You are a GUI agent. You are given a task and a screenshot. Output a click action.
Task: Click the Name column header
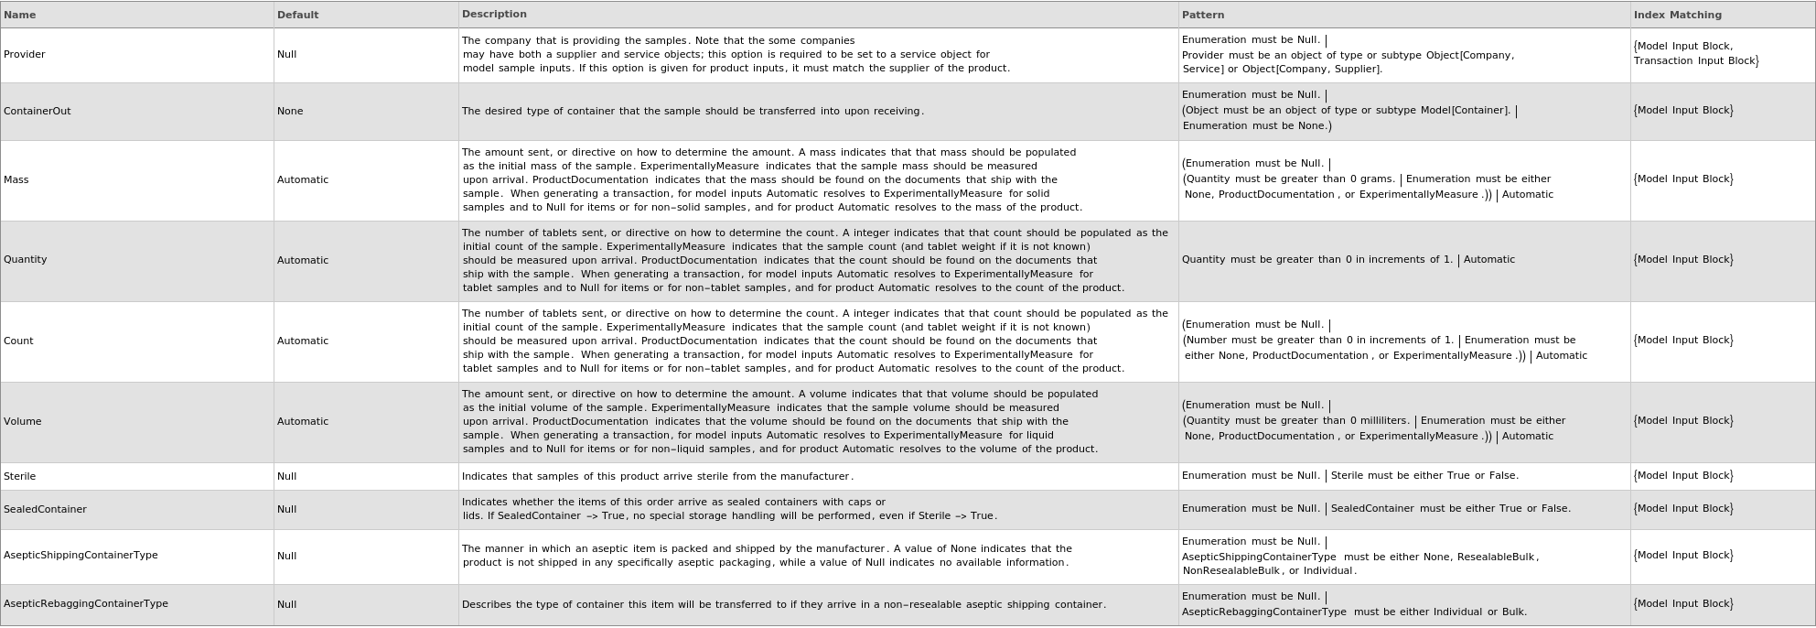[x=20, y=15]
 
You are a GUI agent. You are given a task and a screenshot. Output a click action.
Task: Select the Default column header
[x=298, y=15]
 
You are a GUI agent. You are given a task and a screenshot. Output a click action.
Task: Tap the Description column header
[x=494, y=14]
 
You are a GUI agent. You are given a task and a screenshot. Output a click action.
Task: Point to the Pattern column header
[x=1203, y=15]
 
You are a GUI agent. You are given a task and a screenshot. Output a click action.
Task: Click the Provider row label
[x=25, y=54]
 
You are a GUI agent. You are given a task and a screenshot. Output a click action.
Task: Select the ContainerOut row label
[x=38, y=111]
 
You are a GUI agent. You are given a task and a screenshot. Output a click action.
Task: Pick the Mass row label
[x=16, y=179]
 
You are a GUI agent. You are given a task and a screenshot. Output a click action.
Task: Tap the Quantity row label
[x=26, y=259]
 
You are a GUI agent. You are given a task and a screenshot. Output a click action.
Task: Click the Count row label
[x=18, y=341]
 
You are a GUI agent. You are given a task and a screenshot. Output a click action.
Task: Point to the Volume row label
[x=23, y=421]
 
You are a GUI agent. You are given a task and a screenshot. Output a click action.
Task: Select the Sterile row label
[x=20, y=476]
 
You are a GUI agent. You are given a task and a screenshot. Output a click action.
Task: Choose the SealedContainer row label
[x=45, y=509]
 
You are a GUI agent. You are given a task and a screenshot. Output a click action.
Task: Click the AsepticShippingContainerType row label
[x=81, y=555]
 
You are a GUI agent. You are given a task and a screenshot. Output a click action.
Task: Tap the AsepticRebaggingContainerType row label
[x=86, y=603]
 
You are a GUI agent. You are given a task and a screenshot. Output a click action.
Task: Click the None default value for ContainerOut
[x=290, y=111]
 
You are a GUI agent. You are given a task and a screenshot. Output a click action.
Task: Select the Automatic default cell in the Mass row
[x=303, y=179]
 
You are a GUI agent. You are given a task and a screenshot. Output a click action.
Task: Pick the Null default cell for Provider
[x=287, y=54]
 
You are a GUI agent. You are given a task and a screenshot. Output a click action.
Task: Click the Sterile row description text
[x=658, y=476]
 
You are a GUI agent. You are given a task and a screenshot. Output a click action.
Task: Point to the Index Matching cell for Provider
[x=1696, y=53]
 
